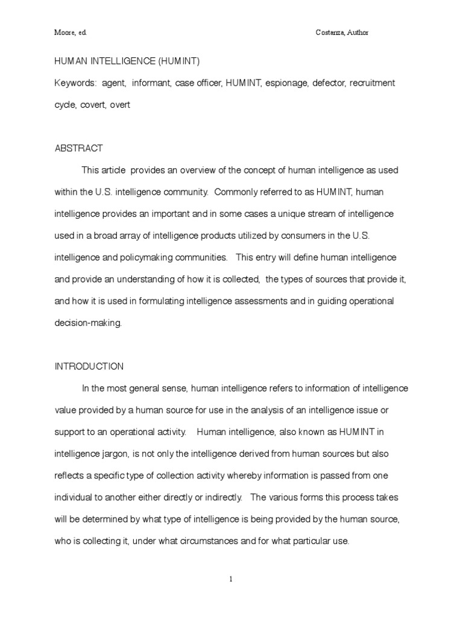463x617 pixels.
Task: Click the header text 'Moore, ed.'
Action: coord(71,33)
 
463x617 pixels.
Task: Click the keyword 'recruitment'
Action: coord(373,83)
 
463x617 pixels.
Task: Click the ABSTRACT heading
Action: coord(79,148)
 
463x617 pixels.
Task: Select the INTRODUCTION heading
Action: coord(89,366)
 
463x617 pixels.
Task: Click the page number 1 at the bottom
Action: coord(231,579)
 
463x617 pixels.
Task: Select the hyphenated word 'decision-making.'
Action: coord(88,323)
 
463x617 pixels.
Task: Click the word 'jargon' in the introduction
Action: coord(124,454)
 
